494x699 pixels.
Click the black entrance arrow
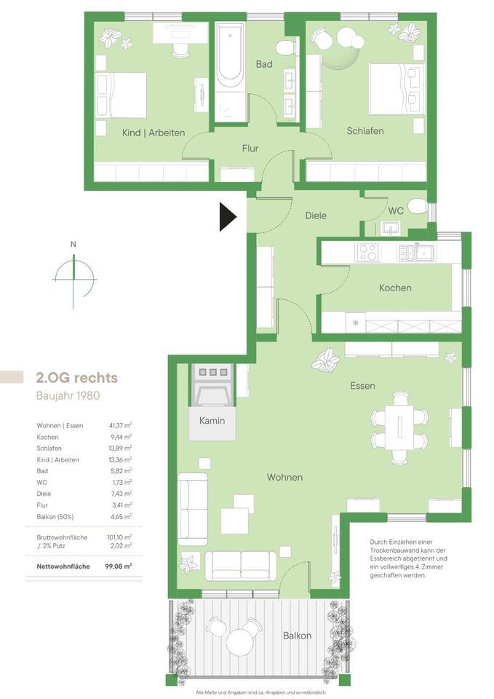(x=228, y=217)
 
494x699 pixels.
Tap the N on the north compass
(x=73, y=245)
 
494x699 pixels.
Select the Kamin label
(x=212, y=420)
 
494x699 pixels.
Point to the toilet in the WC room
(x=418, y=206)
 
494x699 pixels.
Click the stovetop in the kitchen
(x=368, y=253)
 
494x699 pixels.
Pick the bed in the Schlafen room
(x=397, y=90)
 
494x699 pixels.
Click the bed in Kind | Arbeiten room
(x=121, y=95)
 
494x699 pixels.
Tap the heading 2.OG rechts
(x=76, y=378)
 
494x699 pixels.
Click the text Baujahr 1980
(x=68, y=395)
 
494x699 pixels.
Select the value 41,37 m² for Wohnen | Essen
(x=120, y=425)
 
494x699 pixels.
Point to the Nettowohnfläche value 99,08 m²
(x=119, y=566)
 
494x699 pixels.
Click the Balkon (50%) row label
(x=55, y=517)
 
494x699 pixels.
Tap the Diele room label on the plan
(x=316, y=216)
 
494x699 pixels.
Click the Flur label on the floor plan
(x=250, y=149)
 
